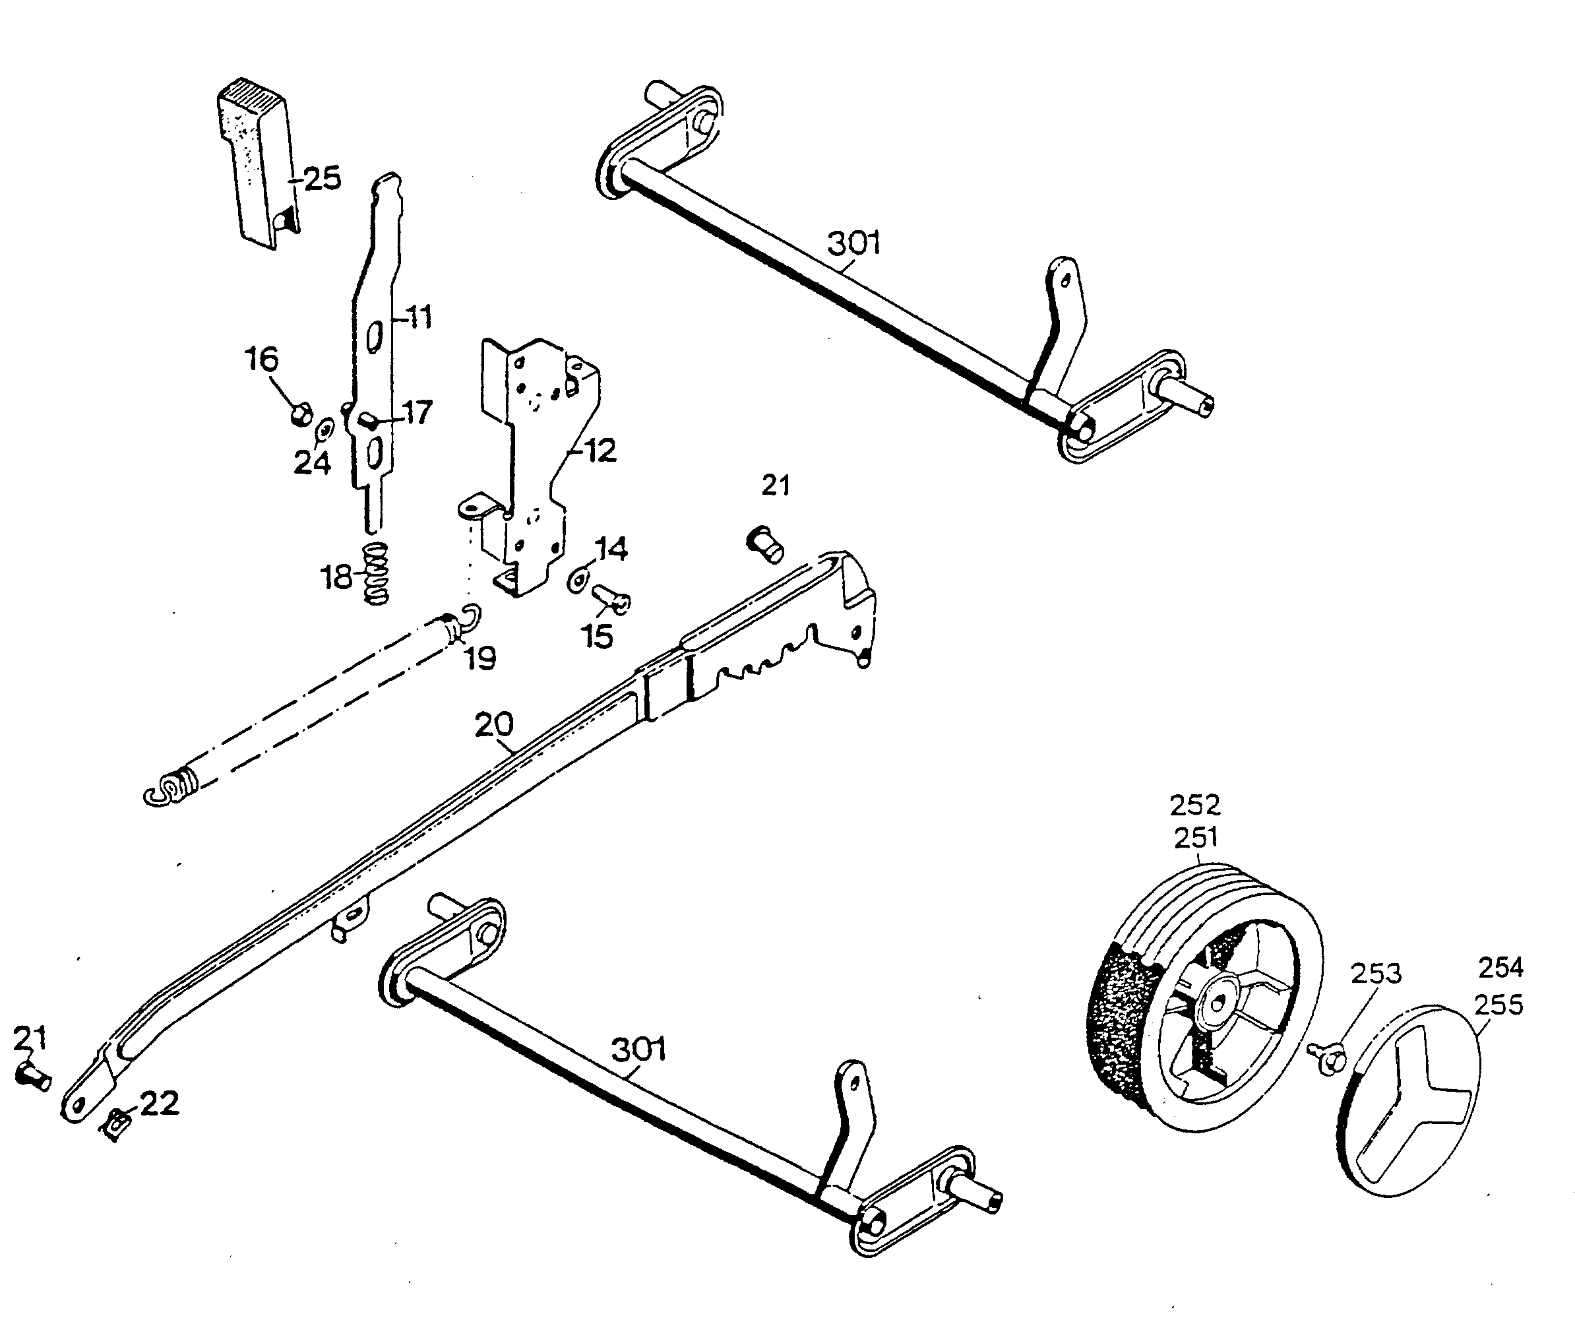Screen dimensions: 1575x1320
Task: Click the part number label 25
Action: (x=323, y=179)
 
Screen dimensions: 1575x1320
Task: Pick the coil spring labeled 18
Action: (x=376, y=573)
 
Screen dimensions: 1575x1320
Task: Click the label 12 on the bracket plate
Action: (x=600, y=450)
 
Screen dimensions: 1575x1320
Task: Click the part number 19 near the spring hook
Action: (x=480, y=658)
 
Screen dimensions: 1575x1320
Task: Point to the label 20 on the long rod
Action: (x=494, y=724)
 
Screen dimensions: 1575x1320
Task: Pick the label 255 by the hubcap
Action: (x=1498, y=1004)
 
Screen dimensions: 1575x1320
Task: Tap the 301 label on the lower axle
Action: (x=639, y=1050)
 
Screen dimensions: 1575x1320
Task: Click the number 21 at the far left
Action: (x=30, y=1039)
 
